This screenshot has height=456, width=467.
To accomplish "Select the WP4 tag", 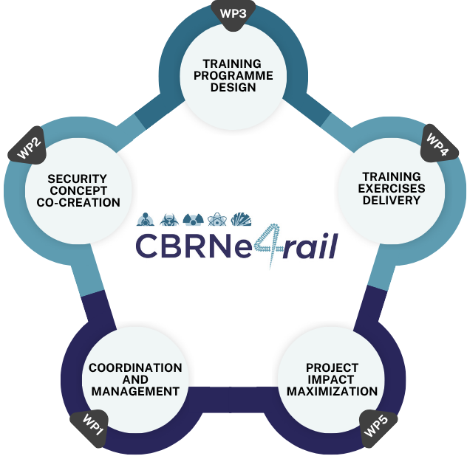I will (437, 145).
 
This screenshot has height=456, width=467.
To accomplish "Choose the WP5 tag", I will (378, 426).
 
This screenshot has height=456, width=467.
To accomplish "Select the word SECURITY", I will (77, 179).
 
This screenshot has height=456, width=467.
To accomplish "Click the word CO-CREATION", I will (77, 202).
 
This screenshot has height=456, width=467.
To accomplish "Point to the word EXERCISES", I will (392, 188).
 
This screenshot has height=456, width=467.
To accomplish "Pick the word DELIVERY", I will (392, 200).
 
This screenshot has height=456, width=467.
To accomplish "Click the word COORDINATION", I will (135, 367).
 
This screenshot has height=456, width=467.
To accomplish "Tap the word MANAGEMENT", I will (135, 391).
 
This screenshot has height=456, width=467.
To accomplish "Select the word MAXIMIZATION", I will (332, 391).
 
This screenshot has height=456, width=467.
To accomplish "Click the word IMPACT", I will (332, 379).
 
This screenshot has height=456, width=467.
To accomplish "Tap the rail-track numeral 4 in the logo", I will (277, 245).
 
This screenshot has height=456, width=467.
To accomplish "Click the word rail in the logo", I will (313, 246).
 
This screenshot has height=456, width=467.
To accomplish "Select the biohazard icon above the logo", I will (168, 219).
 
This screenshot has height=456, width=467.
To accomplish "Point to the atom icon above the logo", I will (216, 219).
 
